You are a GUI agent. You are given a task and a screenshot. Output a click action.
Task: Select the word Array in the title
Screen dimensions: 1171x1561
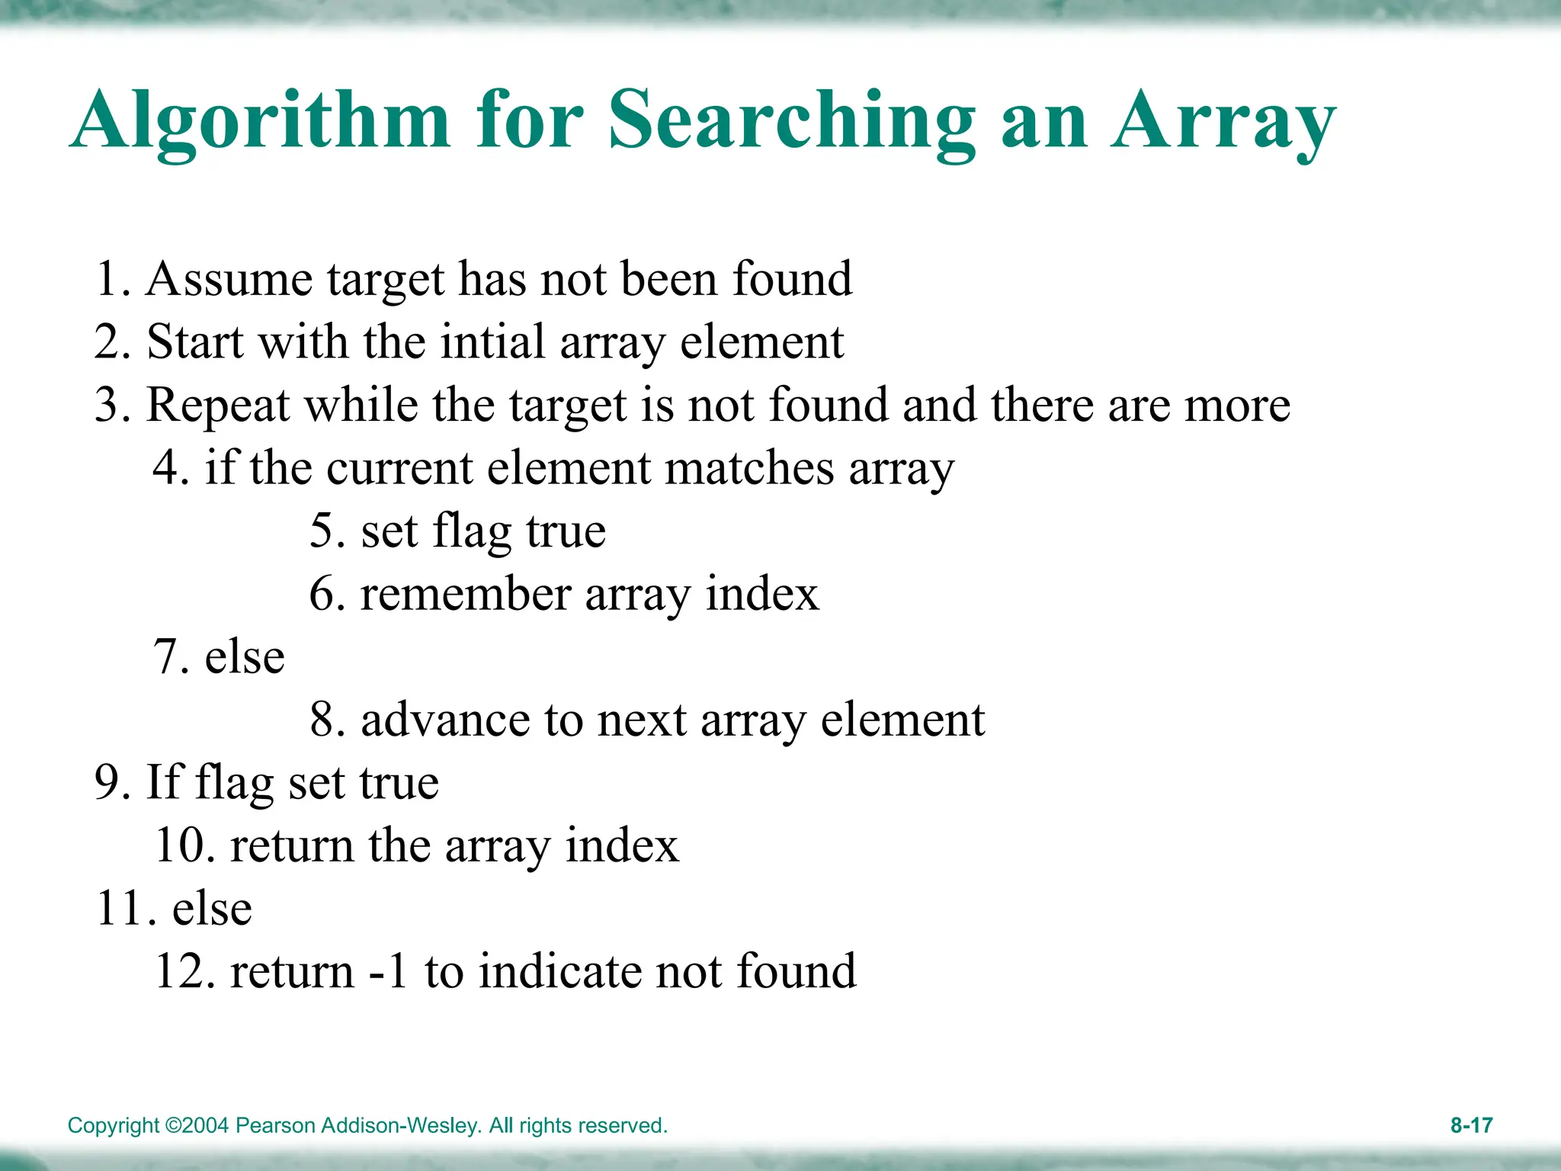(x=1223, y=122)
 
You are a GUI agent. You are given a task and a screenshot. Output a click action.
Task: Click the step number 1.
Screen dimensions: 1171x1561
(x=107, y=279)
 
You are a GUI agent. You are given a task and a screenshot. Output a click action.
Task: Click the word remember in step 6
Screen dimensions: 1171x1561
(x=466, y=594)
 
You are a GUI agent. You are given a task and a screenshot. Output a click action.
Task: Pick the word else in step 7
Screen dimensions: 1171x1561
(x=245, y=656)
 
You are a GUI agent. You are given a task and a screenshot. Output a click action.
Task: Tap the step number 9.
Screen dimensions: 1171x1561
(x=107, y=783)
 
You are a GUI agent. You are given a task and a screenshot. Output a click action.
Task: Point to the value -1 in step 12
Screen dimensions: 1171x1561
(x=389, y=971)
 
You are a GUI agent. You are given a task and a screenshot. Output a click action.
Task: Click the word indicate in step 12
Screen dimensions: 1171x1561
(x=560, y=971)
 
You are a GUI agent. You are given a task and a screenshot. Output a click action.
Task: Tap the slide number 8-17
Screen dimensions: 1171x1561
(x=1471, y=1125)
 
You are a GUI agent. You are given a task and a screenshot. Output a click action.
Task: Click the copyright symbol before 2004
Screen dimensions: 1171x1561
(x=173, y=1125)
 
